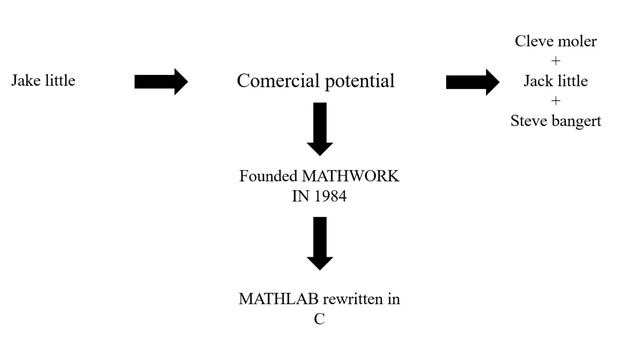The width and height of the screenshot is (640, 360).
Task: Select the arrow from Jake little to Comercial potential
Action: (161, 81)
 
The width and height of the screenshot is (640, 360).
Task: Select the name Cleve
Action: (534, 41)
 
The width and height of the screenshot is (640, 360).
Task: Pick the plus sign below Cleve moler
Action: (556, 61)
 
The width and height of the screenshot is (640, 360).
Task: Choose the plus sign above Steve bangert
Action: (556, 101)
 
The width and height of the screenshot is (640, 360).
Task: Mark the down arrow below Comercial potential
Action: (319, 128)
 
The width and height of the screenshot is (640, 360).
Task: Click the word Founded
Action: (267, 176)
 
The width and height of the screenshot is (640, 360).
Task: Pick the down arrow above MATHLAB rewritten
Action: (319, 243)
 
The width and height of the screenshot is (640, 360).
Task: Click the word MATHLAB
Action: (273, 299)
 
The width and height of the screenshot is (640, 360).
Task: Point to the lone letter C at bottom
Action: (319, 319)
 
